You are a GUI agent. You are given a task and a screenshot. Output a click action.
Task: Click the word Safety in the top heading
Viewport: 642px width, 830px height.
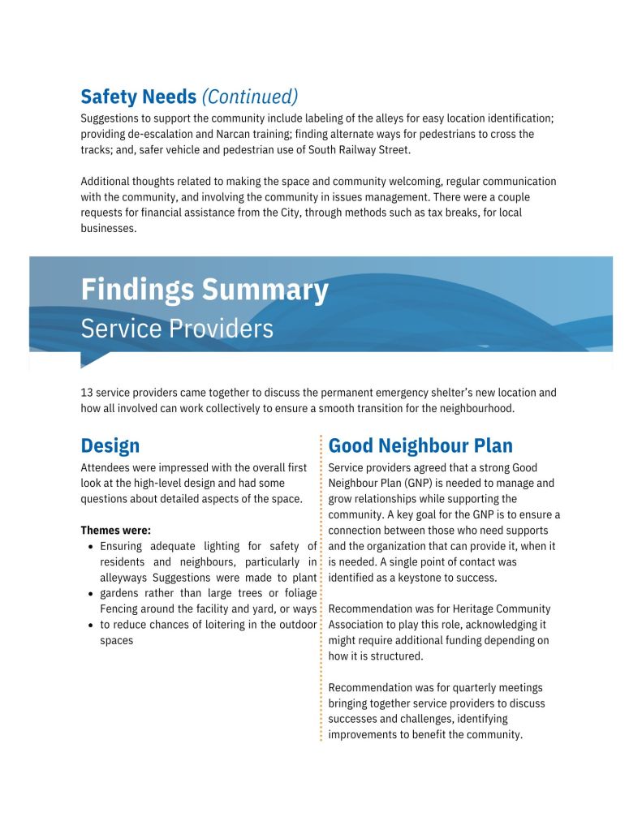(109, 97)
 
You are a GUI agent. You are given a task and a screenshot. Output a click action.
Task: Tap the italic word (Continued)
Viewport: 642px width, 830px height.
(249, 97)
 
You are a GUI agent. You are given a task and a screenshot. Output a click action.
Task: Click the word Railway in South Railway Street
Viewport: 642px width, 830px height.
(334, 149)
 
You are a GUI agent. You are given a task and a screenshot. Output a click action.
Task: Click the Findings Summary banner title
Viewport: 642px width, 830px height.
(205, 290)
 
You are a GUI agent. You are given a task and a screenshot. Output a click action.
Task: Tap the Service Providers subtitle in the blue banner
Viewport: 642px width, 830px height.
(177, 329)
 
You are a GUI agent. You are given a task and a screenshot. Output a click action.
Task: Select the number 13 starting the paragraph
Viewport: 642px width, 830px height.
(87, 393)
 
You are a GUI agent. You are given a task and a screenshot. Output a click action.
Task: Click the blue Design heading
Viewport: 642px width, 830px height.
(110, 445)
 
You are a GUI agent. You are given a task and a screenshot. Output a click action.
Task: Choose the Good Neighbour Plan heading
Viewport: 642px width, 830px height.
(420, 445)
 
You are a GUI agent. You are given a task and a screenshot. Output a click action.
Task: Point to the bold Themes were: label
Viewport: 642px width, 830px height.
(115, 531)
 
